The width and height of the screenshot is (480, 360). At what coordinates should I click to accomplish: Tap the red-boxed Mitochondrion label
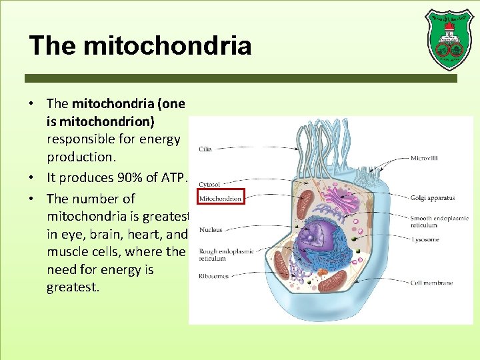[x=221, y=199]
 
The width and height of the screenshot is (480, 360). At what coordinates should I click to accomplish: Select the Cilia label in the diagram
[x=205, y=149]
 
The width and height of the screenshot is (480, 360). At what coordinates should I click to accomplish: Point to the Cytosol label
[x=209, y=184]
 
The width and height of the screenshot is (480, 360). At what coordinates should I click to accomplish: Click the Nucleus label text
[x=211, y=230]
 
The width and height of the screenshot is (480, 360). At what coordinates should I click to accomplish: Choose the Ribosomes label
[x=213, y=276]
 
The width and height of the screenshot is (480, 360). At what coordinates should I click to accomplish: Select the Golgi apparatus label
[x=433, y=198]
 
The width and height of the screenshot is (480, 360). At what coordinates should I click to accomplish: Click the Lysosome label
[x=425, y=239]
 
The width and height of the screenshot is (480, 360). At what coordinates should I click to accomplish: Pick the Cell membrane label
[x=431, y=283]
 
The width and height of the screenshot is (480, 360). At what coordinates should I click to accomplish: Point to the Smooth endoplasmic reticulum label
[x=439, y=221]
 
